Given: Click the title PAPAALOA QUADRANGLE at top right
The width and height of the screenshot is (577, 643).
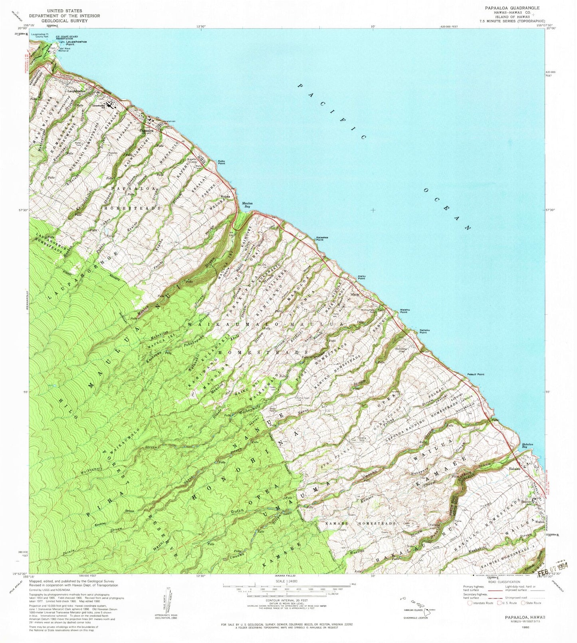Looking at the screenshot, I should [x=512, y=8].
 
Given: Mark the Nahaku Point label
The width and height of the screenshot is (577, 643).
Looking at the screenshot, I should [x=424, y=331].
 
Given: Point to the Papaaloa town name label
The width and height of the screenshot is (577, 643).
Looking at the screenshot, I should [x=146, y=131].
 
